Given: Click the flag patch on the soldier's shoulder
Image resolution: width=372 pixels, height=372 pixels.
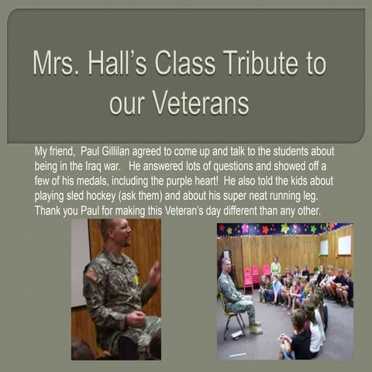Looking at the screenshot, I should click(x=93, y=276).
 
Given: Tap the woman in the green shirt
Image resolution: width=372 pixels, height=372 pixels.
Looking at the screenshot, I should click(x=276, y=267).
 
